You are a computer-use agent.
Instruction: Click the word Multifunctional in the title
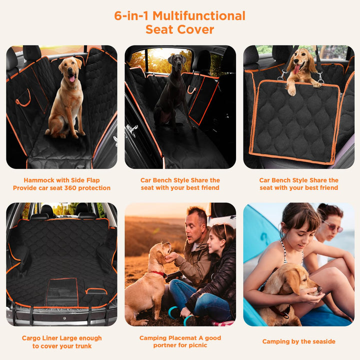(199, 16)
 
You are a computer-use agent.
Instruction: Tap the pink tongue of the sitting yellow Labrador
(72, 79)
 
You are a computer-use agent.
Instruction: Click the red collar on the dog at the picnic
(159, 274)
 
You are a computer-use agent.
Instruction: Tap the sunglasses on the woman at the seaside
(333, 226)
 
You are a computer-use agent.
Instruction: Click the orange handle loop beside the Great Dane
(191, 90)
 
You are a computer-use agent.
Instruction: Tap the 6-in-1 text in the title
(131, 16)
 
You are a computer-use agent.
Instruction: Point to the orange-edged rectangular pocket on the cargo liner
(62, 292)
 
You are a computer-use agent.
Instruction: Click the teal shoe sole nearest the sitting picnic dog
(172, 312)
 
